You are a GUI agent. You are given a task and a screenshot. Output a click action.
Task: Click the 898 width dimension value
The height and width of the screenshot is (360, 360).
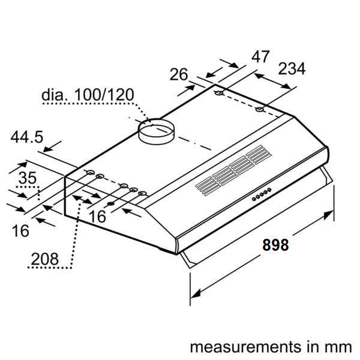pyautogui.click(x=275, y=245)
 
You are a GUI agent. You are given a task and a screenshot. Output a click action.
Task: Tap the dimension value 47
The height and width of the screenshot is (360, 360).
pyautogui.click(x=260, y=57)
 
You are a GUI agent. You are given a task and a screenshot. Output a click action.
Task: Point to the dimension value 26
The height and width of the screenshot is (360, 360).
pyautogui.click(x=179, y=74)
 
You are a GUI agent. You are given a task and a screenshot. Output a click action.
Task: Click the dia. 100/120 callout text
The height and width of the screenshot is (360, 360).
pyautogui.click(x=88, y=95)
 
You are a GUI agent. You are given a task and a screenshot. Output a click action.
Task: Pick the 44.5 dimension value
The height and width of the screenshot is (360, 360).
pyautogui.click(x=26, y=137)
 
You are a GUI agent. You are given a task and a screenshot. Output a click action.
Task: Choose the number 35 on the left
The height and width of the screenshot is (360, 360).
pyautogui.click(x=27, y=178)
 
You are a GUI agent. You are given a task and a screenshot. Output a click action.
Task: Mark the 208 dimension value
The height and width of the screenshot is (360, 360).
pyautogui.click(x=44, y=259)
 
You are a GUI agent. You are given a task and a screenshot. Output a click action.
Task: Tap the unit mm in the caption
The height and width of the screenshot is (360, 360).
pyautogui.click(x=338, y=347)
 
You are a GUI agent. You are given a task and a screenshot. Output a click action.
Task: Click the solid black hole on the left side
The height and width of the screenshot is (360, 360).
pyautogui.click(x=110, y=205)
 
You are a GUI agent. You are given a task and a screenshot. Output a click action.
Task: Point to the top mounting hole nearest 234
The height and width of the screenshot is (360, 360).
pyautogui.click(x=259, y=109)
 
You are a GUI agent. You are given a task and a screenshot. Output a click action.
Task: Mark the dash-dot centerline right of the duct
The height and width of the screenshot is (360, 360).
pyautogui.click(x=192, y=144)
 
